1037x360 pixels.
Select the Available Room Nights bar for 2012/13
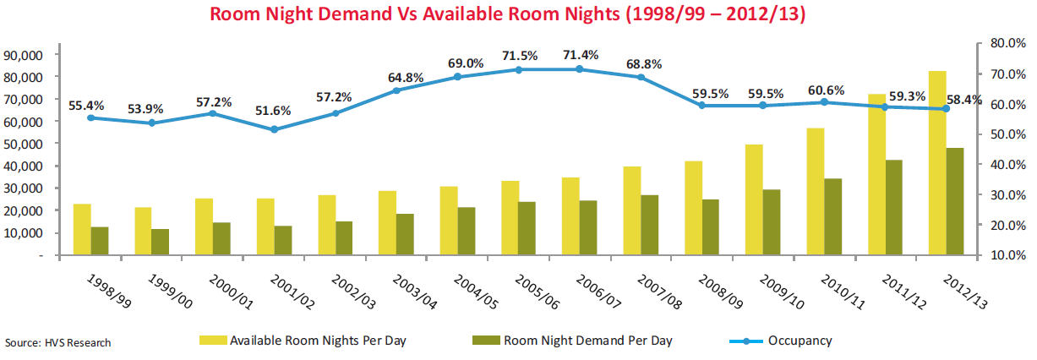tap(937, 162)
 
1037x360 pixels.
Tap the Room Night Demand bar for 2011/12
tap(894, 207)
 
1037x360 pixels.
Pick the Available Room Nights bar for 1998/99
tap(82, 229)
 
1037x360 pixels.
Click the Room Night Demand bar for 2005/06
tap(527, 228)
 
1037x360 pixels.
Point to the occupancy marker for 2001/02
tap(274, 129)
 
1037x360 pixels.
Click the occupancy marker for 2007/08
tap(641, 77)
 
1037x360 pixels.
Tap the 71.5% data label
tap(519, 56)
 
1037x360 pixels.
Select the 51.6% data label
tap(274, 111)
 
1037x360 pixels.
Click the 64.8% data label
tap(396, 77)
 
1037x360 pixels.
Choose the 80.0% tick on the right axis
tap(1007, 42)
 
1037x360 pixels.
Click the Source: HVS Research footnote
tap(57, 343)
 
